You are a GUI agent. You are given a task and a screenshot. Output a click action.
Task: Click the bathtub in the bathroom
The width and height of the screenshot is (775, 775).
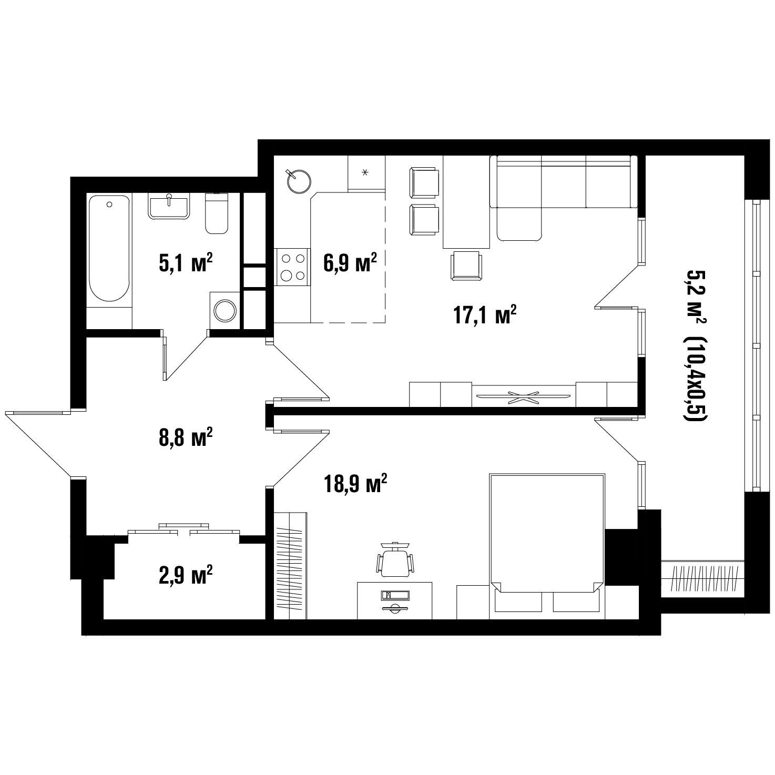point(109,248)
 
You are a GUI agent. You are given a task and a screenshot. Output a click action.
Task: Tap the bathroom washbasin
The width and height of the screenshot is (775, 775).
point(169,206)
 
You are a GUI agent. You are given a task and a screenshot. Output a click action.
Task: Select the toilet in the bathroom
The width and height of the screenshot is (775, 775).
point(217,213)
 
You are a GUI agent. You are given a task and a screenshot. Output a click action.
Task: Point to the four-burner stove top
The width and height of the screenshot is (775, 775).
point(292,267)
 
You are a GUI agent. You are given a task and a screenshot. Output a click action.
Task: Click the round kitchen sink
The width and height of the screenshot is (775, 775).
point(299,181)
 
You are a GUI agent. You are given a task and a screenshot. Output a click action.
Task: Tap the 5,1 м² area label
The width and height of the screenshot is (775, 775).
point(186,263)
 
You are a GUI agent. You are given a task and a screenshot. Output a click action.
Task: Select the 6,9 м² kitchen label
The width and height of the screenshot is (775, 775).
point(350,263)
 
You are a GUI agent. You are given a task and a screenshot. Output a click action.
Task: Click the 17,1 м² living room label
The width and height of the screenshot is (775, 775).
point(485,315)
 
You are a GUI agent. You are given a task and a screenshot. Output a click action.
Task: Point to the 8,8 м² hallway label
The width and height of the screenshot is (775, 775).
point(186,437)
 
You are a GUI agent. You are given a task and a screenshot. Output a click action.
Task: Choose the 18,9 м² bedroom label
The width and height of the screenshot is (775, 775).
point(355,484)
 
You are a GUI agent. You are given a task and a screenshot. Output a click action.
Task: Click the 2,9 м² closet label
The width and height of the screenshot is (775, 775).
point(186,575)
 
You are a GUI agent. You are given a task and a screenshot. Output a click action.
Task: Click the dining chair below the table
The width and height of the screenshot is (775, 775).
point(466,266)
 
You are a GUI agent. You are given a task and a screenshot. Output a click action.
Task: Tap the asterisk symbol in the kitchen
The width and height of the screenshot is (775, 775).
point(365,172)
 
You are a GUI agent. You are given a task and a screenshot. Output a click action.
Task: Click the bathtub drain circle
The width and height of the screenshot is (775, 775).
point(109,205)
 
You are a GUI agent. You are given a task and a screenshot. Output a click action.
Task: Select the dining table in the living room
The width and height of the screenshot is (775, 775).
point(466,202)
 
